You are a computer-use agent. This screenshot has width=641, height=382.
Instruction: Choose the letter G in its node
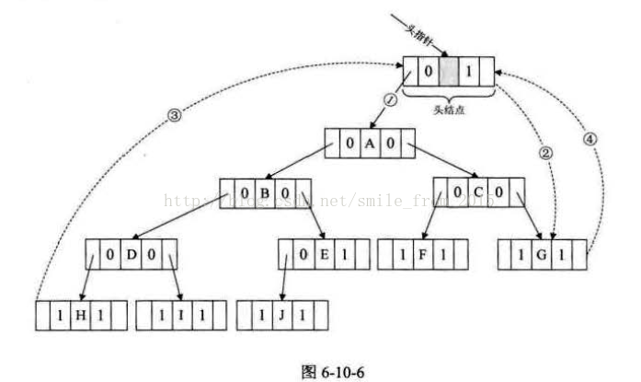(x=536, y=252)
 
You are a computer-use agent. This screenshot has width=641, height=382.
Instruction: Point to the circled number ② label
(x=544, y=153)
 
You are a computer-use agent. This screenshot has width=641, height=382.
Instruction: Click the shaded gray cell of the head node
(x=448, y=70)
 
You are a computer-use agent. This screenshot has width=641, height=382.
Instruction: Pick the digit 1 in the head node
(x=471, y=70)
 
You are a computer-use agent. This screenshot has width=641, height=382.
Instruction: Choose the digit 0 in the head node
(x=427, y=70)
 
